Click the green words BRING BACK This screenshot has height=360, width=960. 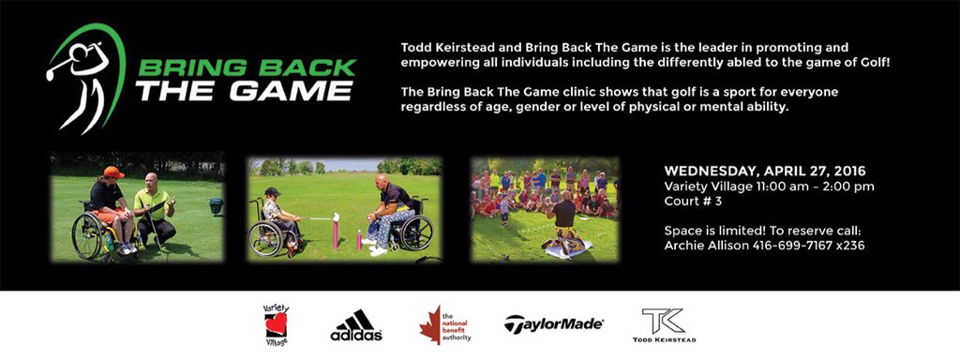(x=246, y=68)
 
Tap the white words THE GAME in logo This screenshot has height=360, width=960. (x=244, y=91)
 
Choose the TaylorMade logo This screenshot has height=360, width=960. (x=554, y=325)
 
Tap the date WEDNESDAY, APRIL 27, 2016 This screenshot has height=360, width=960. (x=765, y=172)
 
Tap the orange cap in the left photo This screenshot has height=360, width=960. (x=113, y=172)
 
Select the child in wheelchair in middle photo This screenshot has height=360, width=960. (x=273, y=217)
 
